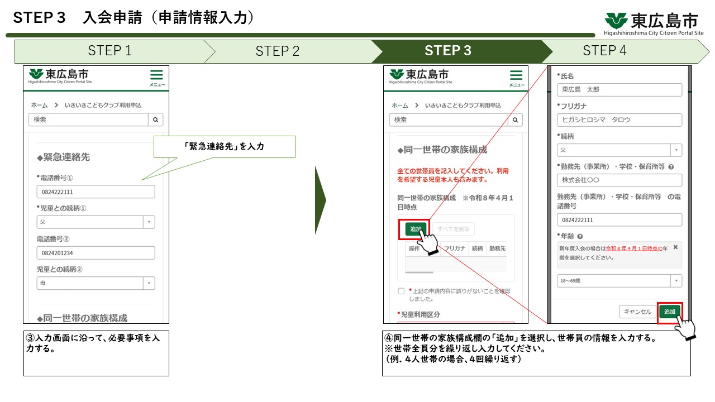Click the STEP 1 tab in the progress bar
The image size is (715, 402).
[109, 51]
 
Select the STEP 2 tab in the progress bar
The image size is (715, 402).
[278, 51]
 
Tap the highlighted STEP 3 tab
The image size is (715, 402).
[448, 51]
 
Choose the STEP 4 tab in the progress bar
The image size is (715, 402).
[604, 51]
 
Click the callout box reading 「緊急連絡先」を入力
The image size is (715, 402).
[224, 146]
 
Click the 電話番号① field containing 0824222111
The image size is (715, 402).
[96, 192]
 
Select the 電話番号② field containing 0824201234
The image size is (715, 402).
[96, 253]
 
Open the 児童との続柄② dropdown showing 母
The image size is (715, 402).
[96, 283]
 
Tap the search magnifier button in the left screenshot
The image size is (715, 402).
[156, 119]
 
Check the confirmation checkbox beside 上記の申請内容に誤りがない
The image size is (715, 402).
[401, 291]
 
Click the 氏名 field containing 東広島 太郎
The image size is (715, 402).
[619, 89]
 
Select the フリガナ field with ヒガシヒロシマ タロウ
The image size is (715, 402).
[619, 119]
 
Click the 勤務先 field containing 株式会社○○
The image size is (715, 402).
[619, 180]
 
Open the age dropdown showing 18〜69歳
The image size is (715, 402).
[619, 281]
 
